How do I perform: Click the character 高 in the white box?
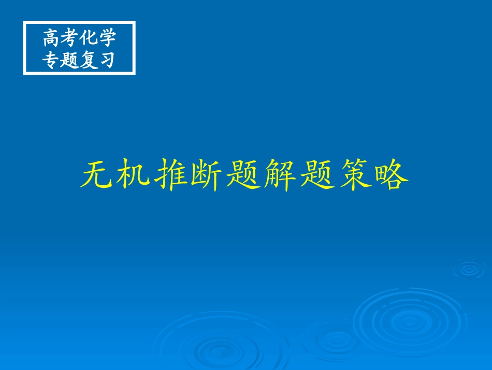[x=52, y=39]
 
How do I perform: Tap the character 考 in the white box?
[x=70, y=39]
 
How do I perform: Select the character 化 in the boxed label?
[x=89, y=39]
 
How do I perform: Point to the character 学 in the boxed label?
[x=107, y=39]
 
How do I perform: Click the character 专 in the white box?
[x=52, y=60]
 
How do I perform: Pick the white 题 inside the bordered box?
[x=70, y=60]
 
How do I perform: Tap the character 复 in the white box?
[x=89, y=60]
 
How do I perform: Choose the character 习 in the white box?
[x=107, y=60]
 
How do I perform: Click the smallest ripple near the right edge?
[x=469, y=269]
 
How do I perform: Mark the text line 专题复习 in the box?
[x=79, y=60]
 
